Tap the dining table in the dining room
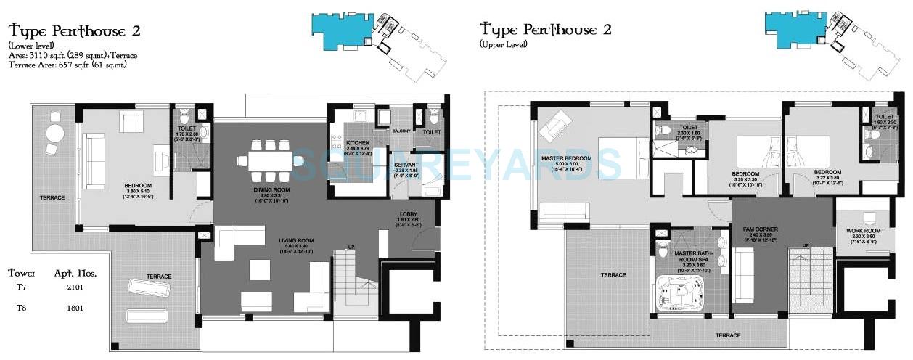point(269,160)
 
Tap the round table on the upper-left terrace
point(55,133)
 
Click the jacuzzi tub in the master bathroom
point(683,292)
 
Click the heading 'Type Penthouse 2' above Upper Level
point(545,30)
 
